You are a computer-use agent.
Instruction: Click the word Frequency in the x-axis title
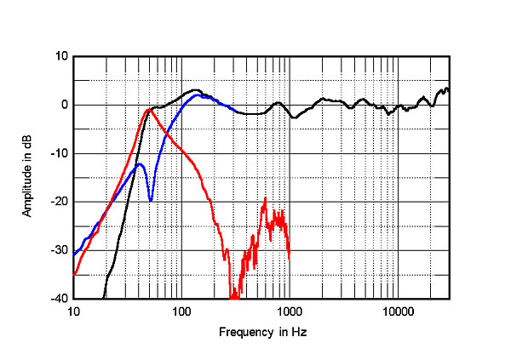point(243,331)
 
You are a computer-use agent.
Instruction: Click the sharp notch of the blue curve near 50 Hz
point(151,201)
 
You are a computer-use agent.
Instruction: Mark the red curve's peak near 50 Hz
point(149,109)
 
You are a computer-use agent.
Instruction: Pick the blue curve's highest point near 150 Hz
point(198,95)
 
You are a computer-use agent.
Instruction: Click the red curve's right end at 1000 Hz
point(290,257)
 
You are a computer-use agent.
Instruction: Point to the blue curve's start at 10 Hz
point(74,254)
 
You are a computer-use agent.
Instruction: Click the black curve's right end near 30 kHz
point(449,89)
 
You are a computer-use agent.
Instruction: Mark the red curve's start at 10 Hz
point(74,274)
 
